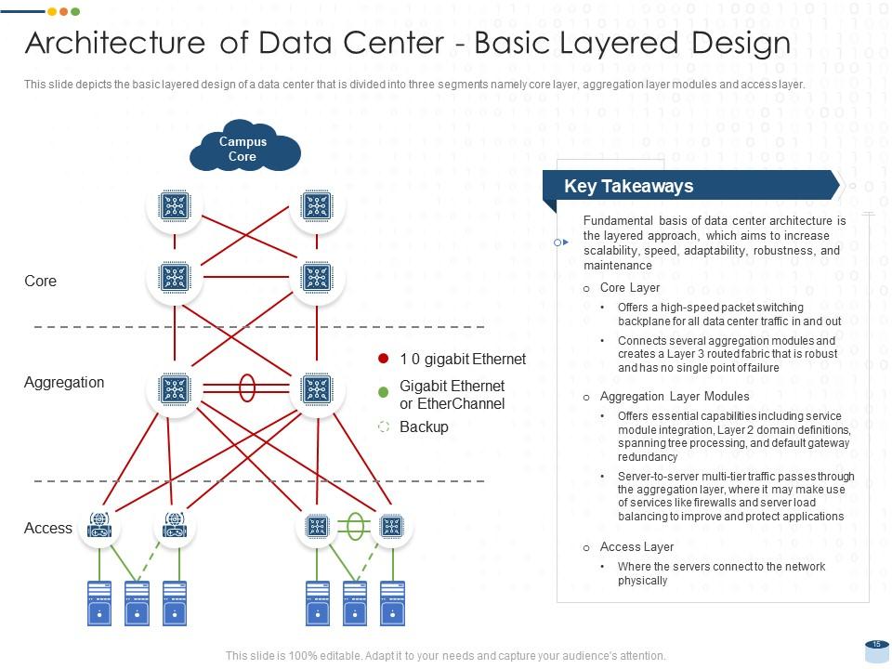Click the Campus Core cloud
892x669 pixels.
click(243, 149)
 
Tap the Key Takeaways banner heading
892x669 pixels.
click(628, 186)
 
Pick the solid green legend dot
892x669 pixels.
click(383, 393)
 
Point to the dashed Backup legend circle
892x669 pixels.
click(383, 427)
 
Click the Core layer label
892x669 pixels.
click(40, 281)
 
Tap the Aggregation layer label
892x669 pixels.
click(64, 382)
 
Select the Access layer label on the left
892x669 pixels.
click(48, 528)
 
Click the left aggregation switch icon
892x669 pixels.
click(175, 389)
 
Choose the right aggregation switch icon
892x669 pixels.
click(317, 389)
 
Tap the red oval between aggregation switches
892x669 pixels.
click(247, 387)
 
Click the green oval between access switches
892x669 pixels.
click(353, 526)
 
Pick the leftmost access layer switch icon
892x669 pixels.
click(99, 527)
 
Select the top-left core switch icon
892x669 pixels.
click(175, 205)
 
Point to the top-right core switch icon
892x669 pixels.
click(317, 205)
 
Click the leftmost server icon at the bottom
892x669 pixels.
click(98, 602)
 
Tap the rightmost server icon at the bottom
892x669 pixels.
click(392, 602)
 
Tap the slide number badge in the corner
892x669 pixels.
click(876, 644)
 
